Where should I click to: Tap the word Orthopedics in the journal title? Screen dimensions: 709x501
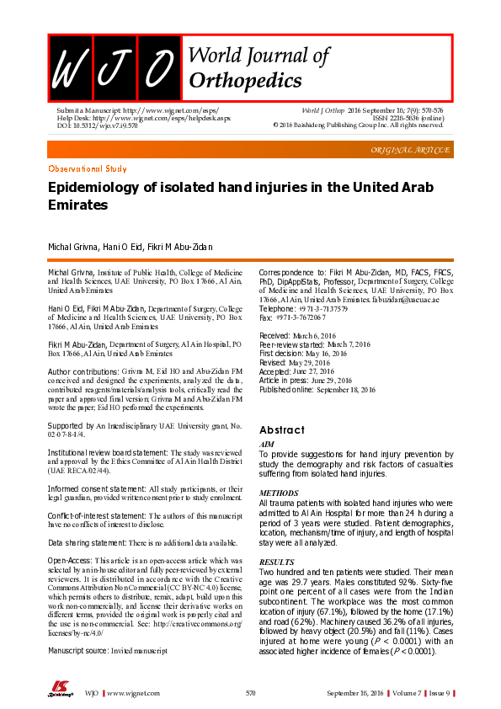245,80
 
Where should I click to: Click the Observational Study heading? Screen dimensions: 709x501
88,169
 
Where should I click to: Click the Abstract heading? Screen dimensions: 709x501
282,429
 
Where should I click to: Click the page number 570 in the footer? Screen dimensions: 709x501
251,692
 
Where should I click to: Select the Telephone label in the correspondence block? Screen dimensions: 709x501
277,310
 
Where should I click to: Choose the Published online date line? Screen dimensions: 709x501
317,390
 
